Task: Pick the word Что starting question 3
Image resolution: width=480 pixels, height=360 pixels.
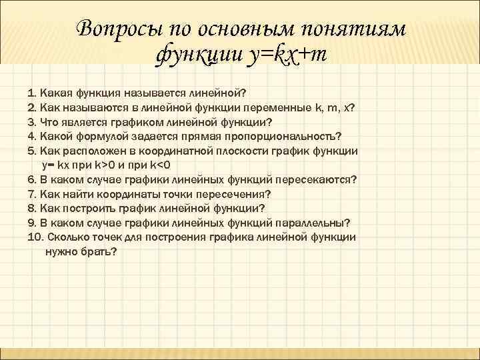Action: [x=50, y=122]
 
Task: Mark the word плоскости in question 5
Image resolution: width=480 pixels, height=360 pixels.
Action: [x=255, y=151]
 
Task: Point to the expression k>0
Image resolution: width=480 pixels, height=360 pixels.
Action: [x=101, y=165]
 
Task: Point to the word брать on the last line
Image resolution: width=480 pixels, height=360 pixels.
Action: [x=98, y=251]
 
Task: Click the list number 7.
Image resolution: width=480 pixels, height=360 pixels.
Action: [x=31, y=193]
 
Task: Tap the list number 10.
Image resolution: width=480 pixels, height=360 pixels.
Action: [x=35, y=237]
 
